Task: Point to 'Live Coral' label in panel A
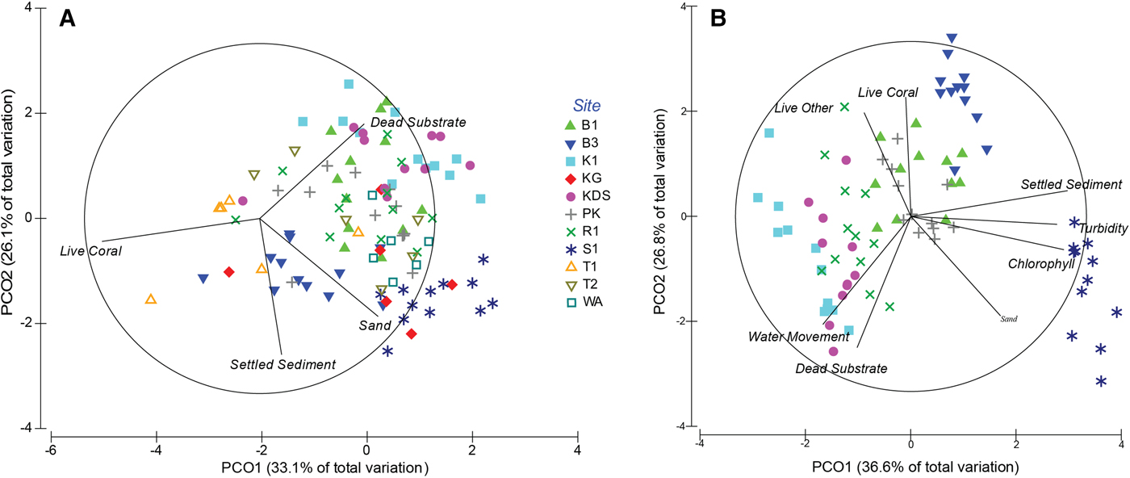point(90,251)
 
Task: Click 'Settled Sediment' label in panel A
point(282,364)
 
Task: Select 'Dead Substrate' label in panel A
point(418,122)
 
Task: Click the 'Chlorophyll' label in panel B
point(1040,263)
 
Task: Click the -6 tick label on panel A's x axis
point(50,450)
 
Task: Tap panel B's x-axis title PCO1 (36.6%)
point(910,467)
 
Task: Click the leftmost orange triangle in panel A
point(150,300)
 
